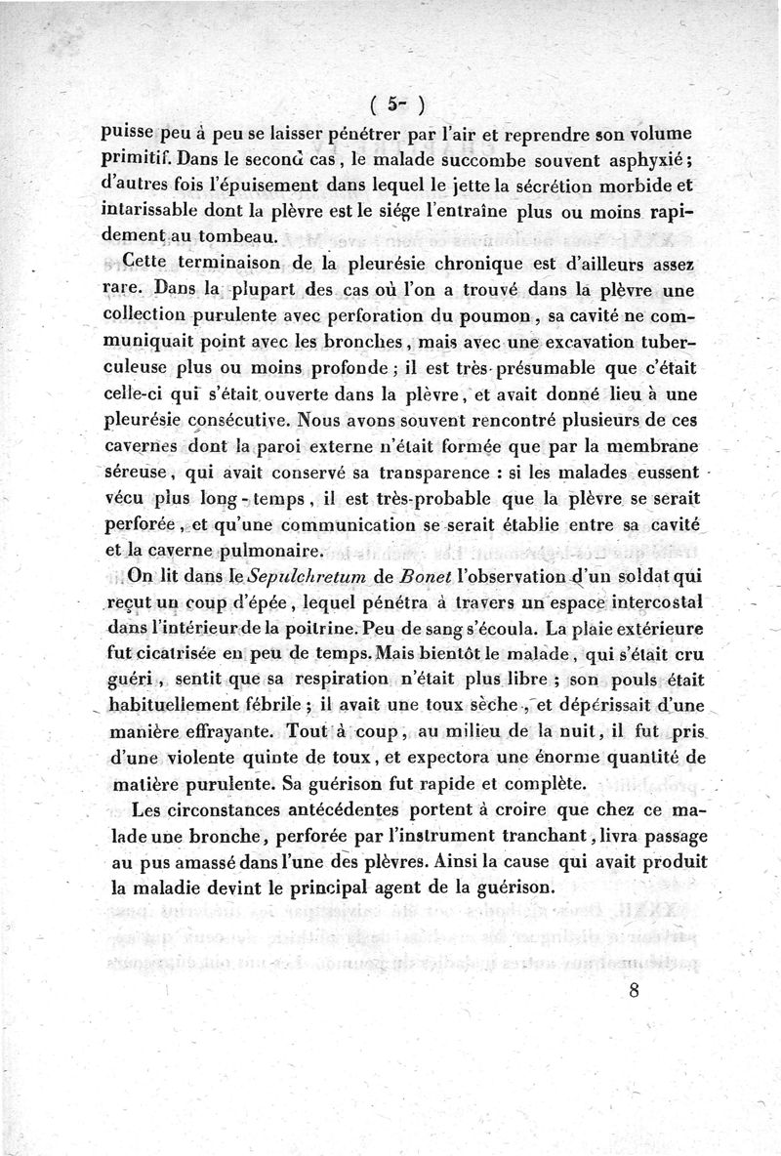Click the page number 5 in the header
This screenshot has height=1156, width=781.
pos(389,102)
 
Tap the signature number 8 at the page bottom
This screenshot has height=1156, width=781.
pos(635,992)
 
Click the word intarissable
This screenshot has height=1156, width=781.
pos(163,209)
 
